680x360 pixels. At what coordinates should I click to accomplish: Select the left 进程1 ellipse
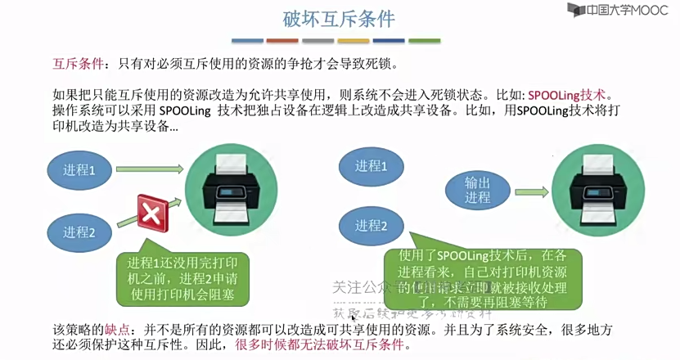coord(80,171)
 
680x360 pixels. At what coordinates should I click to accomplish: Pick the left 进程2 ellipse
coord(80,232)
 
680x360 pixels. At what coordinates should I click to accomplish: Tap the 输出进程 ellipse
coord(478,190)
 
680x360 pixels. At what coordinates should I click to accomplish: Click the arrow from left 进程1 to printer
coord(151,169)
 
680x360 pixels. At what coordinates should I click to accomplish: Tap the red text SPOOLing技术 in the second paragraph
coord(569,94)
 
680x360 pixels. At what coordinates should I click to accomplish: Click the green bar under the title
coord(424,41)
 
